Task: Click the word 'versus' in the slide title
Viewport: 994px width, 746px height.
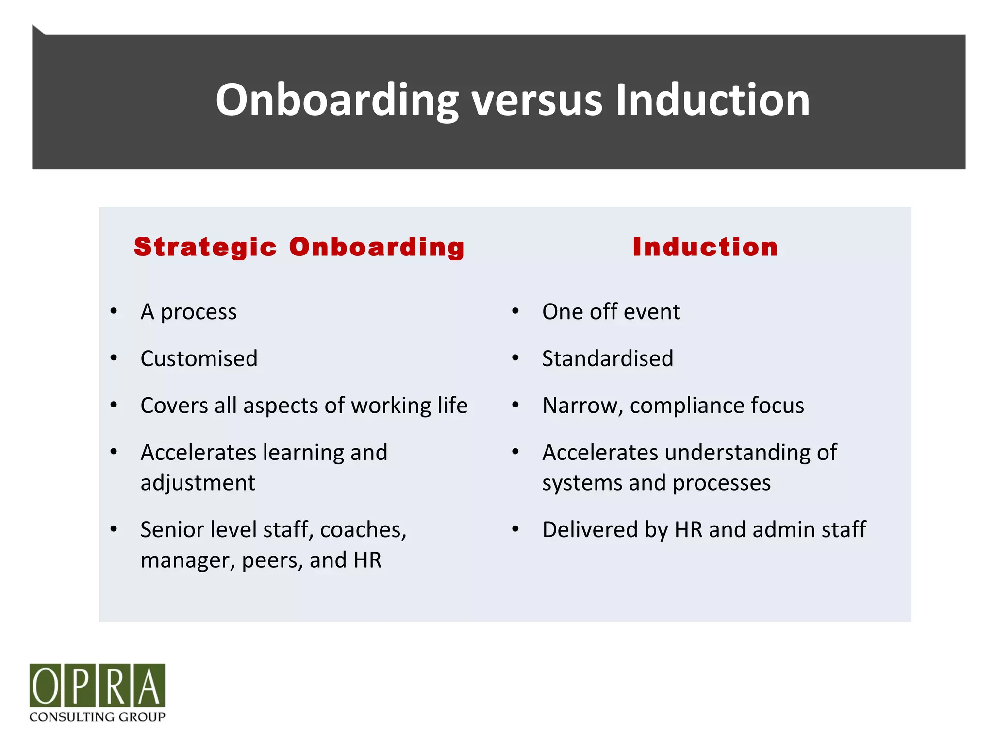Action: tap(536, 101)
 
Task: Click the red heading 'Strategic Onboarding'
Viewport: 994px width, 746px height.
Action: tap(299, 247)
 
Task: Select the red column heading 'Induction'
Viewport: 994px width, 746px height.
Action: tap(705, 247)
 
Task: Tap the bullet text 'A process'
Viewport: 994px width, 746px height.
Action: tap(188, 312)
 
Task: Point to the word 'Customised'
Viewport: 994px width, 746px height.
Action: tap(199, 359)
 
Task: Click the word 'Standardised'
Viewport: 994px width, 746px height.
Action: tap(608, 359)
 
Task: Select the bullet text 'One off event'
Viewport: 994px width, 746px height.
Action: tap(611, 312)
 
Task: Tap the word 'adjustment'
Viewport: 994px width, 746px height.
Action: tap(198, 483)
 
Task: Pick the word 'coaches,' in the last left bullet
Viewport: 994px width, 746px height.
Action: tap(363, 530)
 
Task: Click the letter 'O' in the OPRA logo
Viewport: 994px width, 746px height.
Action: tap(45, 685)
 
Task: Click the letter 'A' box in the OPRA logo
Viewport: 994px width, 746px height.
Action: tap(149, 685)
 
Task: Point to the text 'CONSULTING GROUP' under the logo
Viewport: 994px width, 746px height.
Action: tap(97, 717)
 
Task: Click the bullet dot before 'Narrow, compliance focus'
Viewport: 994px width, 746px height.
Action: tap(515, 405)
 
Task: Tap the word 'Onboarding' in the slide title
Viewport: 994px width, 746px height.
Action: tap(337, 101)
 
